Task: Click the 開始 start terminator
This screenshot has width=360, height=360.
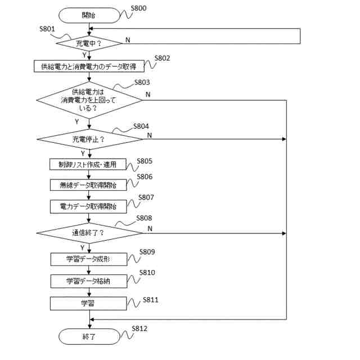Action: [89, 15]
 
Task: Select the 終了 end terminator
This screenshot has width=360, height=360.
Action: [89, 336]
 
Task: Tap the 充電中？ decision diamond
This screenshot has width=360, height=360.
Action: [89, 43]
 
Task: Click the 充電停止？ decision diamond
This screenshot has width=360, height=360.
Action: [89, 139]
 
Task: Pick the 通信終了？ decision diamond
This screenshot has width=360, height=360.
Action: [89, 233]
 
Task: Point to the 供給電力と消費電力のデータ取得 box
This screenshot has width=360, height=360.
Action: [89, 66]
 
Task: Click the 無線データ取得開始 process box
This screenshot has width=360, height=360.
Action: [88, 185]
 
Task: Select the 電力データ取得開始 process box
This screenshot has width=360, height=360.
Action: [88, 206]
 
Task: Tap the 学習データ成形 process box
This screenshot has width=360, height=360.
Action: [89, 259]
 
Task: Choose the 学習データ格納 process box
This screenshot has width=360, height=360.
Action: [89, 281]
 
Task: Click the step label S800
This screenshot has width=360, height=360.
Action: [138, 8]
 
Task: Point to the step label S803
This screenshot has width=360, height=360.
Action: [142, 83]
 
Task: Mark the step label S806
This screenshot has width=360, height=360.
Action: [145, 177]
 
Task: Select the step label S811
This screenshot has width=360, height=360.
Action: [151, 300]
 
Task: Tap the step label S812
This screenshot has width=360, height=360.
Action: [139, 328]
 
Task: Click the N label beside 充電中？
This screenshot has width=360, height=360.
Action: [128, 40]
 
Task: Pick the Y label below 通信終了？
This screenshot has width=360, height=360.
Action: [82, 247]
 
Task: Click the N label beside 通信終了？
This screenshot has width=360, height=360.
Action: [150, 229]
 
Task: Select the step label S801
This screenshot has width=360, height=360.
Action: [47, 29]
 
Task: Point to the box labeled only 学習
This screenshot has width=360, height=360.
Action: [88, 304]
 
